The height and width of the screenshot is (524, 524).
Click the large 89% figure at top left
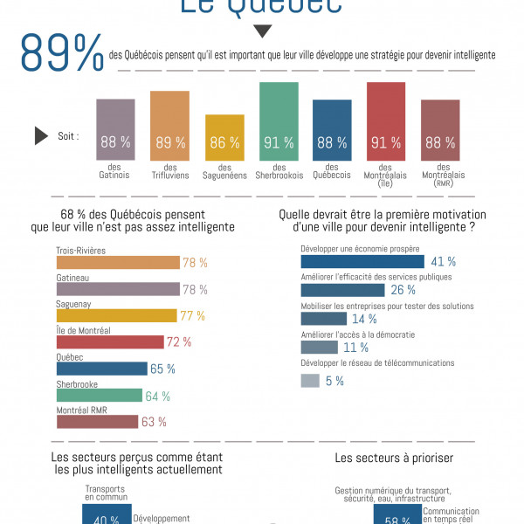(62, 55)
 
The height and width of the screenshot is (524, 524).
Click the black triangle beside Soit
(40, 135)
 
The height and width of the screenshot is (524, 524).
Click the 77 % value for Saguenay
(192, 316)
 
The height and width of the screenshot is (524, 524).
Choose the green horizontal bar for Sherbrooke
(99, 396)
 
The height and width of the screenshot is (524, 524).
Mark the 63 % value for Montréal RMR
(154, 423)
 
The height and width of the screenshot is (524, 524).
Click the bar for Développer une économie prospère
(362, 261)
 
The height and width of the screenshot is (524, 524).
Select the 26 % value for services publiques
(403, 290)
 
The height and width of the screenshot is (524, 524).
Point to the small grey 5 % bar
(309, 381)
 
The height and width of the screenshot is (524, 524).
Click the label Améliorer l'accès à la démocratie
(357, 334)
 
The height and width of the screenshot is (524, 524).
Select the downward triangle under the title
(261, 32)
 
